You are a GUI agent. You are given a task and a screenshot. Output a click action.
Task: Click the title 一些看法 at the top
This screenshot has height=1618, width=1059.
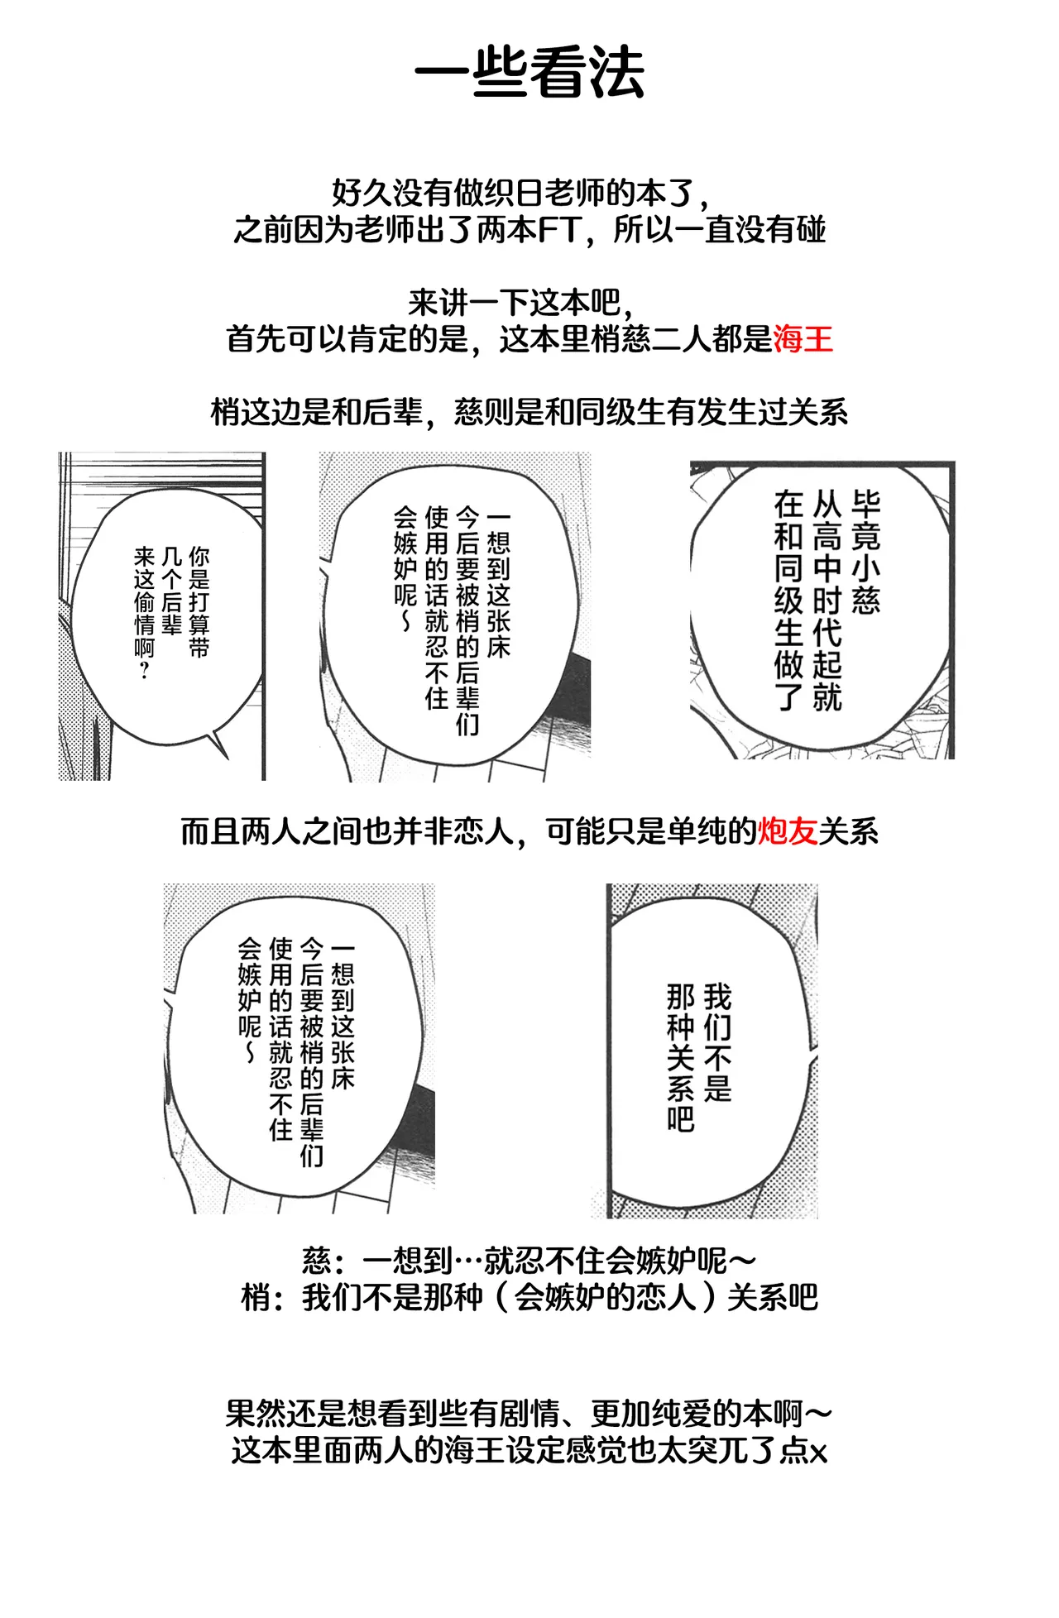point(529,72)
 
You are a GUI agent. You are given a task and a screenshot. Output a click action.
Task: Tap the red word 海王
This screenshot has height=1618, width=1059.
point(803,339)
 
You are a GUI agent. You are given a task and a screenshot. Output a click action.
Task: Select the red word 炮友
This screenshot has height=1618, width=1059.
point(788,831)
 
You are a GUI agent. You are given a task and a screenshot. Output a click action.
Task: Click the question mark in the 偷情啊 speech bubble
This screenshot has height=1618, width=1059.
point(144,670)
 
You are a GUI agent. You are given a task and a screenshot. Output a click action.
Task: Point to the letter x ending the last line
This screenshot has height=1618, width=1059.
point(819,1453)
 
